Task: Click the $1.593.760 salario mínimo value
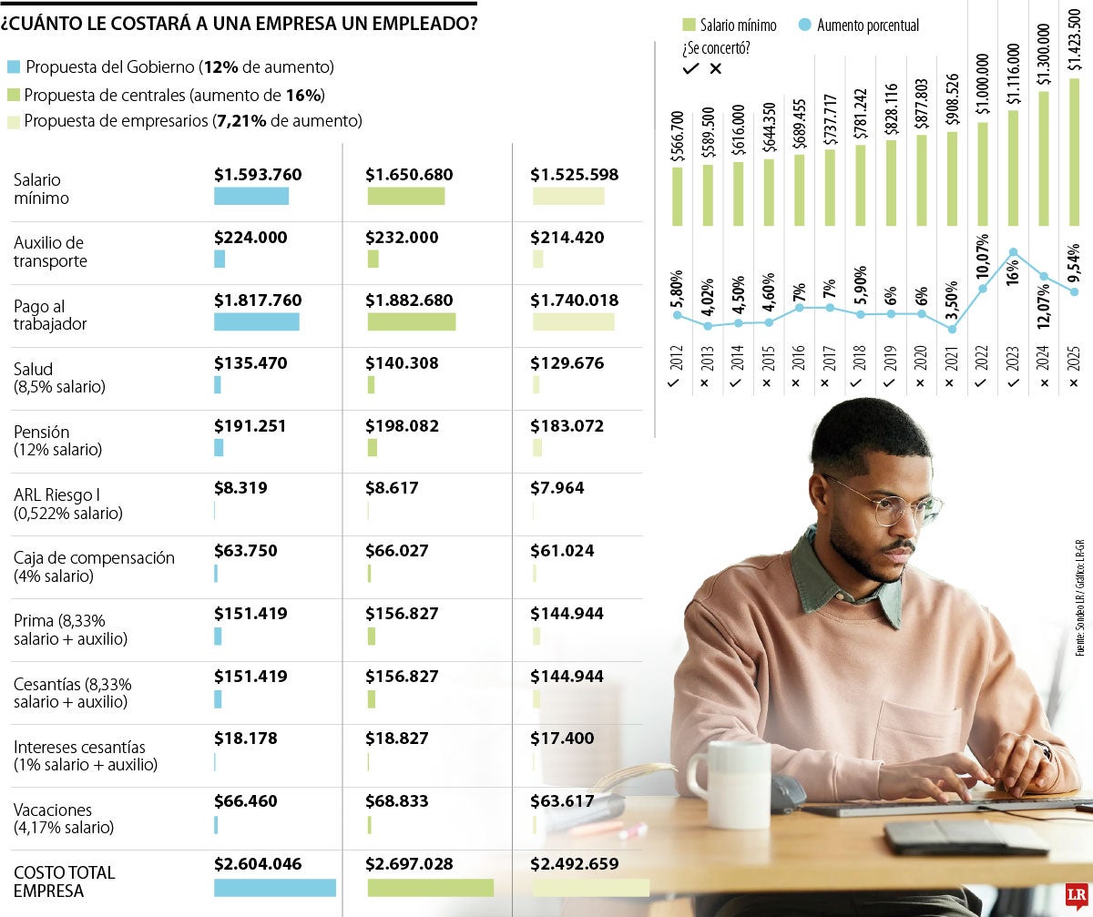point(258,175)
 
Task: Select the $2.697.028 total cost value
point(409,864)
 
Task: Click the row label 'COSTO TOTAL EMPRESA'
point(64,881)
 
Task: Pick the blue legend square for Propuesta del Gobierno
point(13,67)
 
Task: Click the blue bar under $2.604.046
point(274,888)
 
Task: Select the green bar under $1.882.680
point(411,321)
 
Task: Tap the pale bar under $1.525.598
point(567,196)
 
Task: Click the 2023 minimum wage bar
point(1013,168)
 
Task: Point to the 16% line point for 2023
point(1013,252)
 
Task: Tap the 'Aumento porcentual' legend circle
point(802,25)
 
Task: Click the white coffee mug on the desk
point(733,783)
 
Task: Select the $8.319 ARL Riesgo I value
point(240,488)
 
